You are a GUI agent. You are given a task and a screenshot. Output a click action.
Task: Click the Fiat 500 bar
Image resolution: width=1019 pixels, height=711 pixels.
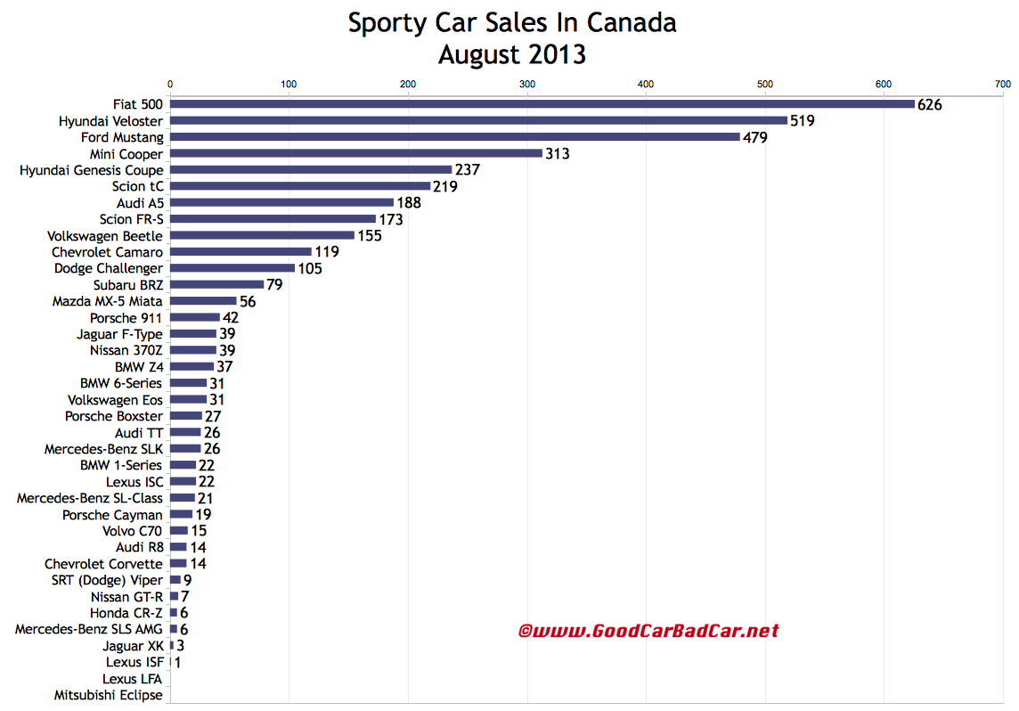tap(542, 104)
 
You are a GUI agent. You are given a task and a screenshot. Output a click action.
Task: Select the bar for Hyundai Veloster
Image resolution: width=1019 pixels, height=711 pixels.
tap(478, 120)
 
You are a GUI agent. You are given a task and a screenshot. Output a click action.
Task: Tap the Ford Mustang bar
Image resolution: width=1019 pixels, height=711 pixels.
tap(454, 137)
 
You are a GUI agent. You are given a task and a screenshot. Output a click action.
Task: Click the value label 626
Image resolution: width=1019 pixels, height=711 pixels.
tap(929, 105)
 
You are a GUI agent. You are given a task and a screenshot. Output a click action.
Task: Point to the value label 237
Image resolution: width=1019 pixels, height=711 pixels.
tap(468, 170)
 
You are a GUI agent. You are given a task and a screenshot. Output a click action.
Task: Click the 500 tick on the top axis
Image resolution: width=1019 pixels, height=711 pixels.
tap(764, 85)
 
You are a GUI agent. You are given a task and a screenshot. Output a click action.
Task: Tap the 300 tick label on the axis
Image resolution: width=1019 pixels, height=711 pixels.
tap(526, 85)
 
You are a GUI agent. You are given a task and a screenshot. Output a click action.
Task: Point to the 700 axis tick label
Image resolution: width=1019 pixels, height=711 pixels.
tap(1002, 85)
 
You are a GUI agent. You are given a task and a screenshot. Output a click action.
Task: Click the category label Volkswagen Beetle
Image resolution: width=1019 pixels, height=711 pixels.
tap(105, 236)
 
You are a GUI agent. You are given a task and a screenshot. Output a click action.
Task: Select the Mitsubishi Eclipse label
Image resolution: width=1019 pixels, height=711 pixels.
tap(108, 695)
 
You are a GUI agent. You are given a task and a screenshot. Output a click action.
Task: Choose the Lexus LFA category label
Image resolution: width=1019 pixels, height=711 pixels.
tap(133, 679)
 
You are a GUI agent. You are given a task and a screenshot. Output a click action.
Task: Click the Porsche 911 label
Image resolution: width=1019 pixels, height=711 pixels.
tap(126, 318)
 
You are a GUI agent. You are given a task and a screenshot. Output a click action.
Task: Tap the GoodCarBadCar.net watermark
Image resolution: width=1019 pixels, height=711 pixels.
tap(648, 631)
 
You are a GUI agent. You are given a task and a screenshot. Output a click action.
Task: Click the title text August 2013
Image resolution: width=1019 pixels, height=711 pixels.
tap(511, 54)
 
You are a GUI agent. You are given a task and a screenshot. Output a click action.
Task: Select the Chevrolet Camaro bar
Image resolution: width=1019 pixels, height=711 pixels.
tap(240, 252)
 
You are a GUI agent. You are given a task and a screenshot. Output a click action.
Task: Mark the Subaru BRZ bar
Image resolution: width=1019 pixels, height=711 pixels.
tap(216, 285)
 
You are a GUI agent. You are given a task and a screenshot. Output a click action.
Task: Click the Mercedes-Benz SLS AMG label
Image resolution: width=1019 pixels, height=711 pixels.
tap(89, 629)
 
